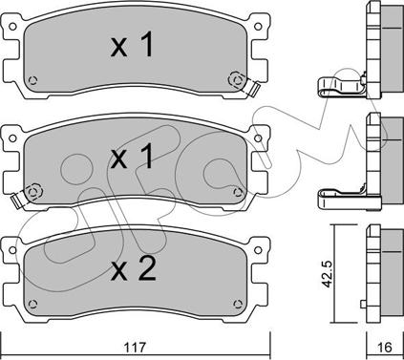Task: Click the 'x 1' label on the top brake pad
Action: click(x=133, y=47)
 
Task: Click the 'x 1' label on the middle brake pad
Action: click(x=133, y=159)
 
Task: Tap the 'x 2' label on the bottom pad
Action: click(x=133, y=271)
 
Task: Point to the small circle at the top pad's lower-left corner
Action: click(x=39, y=80)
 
